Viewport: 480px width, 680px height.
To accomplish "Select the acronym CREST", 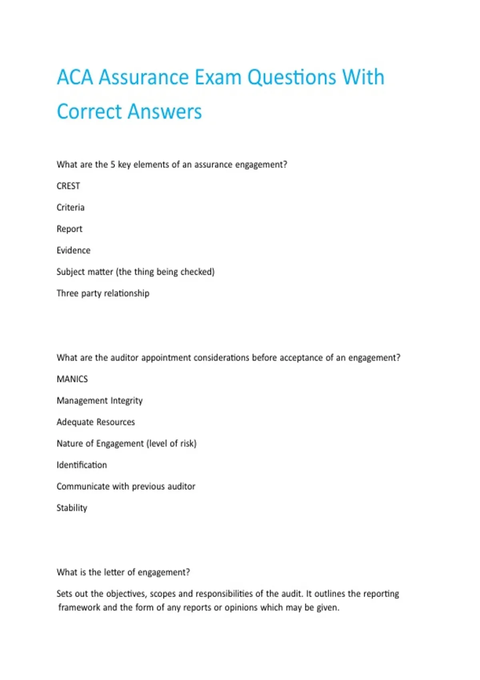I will coord(68,186).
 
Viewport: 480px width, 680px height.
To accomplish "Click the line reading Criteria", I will coord(70,208).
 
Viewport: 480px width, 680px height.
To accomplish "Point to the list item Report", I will coord(70,229).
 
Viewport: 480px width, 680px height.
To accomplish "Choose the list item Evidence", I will coord(74,250).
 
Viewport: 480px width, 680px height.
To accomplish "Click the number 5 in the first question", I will coord(113,165).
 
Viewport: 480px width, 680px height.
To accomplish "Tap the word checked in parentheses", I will coord(197,272).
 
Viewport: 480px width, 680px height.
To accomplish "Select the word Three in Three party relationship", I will coord(67,293).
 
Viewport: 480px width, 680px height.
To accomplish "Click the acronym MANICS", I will coord(72,379).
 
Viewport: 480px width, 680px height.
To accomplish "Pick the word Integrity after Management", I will coord(126,401).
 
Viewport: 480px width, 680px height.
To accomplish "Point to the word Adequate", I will coord(73,422).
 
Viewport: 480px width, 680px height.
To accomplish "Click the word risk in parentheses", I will coord(188,444).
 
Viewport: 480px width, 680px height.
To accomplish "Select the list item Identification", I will coord(82,465).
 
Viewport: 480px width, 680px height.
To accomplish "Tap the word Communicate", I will coord(83,487).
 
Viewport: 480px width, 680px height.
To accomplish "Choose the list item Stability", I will coord(72,508).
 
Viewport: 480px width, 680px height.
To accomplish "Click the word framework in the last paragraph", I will coord(79,608).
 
